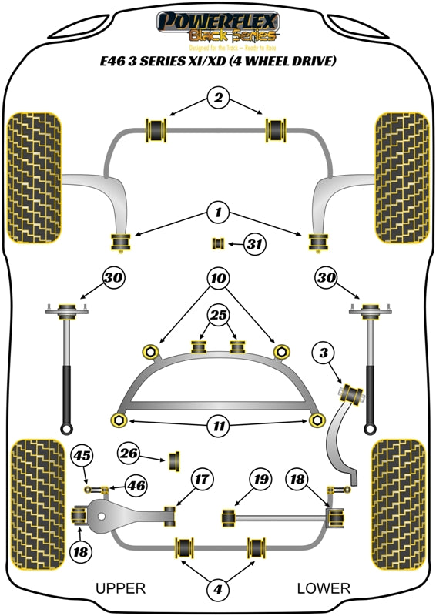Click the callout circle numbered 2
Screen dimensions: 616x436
[x=218, y=99]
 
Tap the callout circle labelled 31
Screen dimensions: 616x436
[x=255, y=245]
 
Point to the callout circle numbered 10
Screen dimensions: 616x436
[x=218, y=277]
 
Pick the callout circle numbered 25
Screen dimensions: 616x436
[x=218, y=314]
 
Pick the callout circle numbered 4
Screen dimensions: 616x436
[x=218, y=590]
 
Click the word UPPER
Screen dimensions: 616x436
[x=120, y=589]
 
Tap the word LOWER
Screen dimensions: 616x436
[x=324, y=589]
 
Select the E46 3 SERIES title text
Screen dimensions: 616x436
[x=218, y=62]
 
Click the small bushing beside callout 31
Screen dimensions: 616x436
[x=218, y=245]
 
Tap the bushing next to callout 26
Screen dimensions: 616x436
[x=174, y=460]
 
